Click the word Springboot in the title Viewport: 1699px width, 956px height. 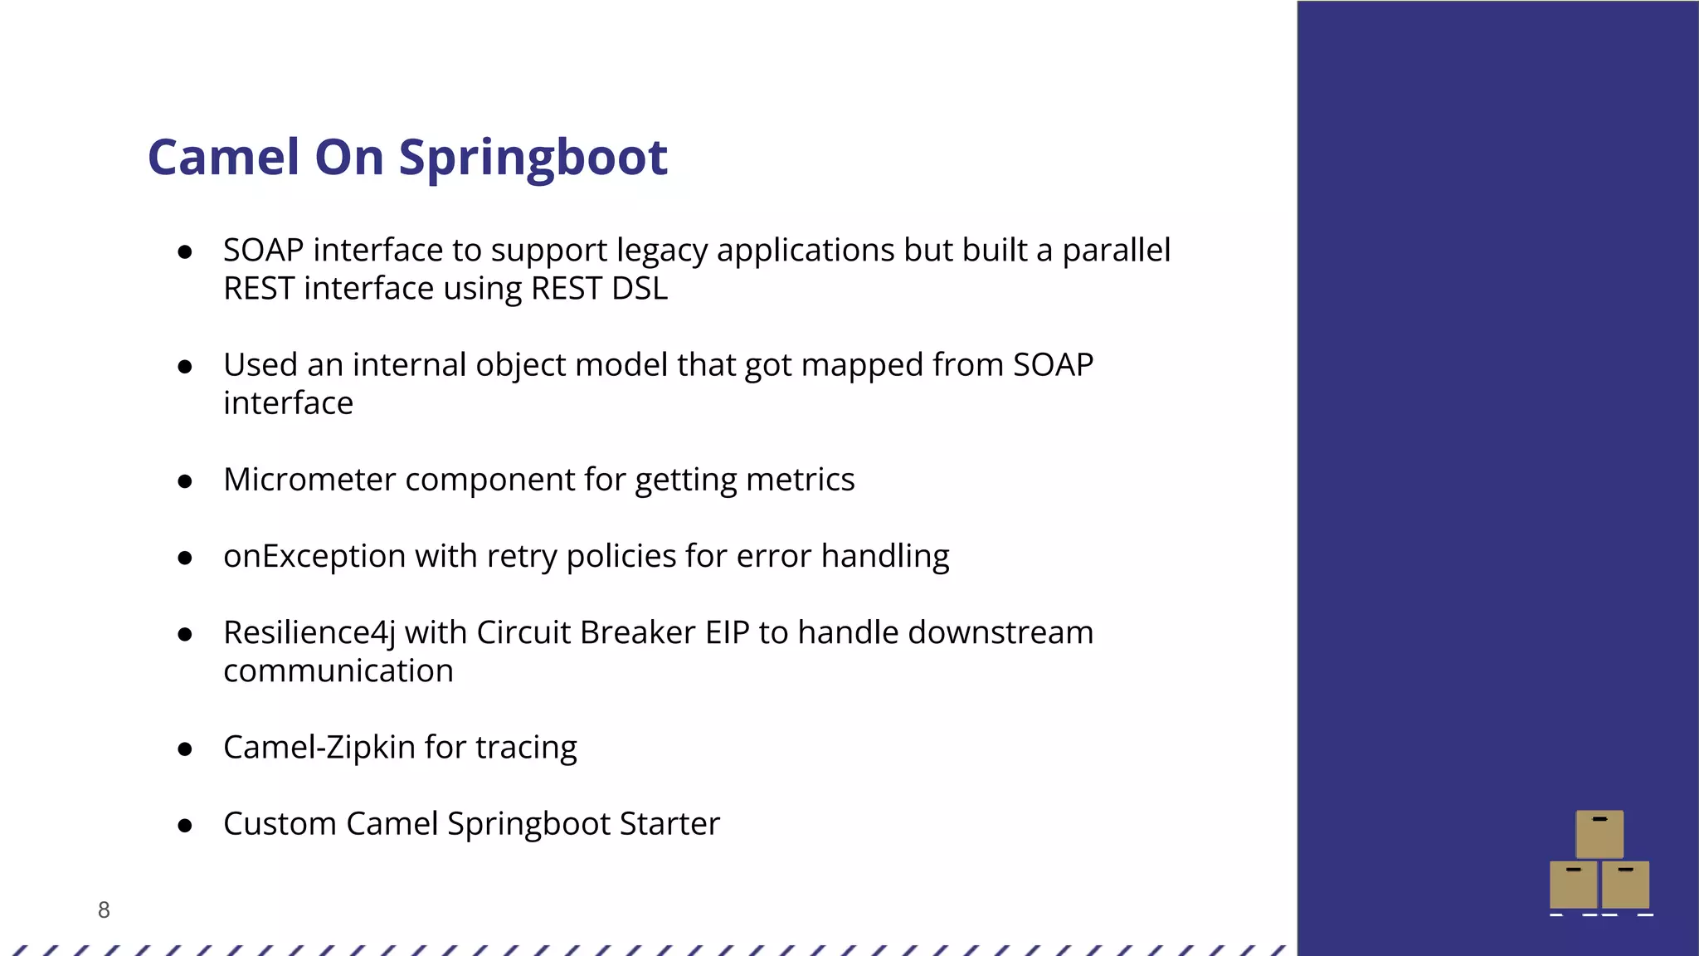(x=533, y=158)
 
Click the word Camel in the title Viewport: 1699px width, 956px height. (x=223, y=158)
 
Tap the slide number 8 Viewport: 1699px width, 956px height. (x=104, y=910)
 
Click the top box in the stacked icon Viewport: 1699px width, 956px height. (x=1599, y=834)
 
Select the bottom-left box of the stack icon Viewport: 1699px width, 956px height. (x=1573, y=885)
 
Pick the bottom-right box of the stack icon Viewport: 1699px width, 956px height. (x=1625, y=885)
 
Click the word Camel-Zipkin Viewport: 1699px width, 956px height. (x=319, y=747)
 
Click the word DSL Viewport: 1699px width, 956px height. (x=640, y=289)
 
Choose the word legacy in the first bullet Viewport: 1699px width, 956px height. (x=662, y=251)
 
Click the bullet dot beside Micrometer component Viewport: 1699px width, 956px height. (x=185, y=481)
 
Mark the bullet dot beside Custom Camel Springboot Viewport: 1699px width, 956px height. (x=185, y=826)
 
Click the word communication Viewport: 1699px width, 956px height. (x=338, y=671)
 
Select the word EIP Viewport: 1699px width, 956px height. (x=728, y=633)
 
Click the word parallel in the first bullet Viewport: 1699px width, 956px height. (x=1116, y=251)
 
